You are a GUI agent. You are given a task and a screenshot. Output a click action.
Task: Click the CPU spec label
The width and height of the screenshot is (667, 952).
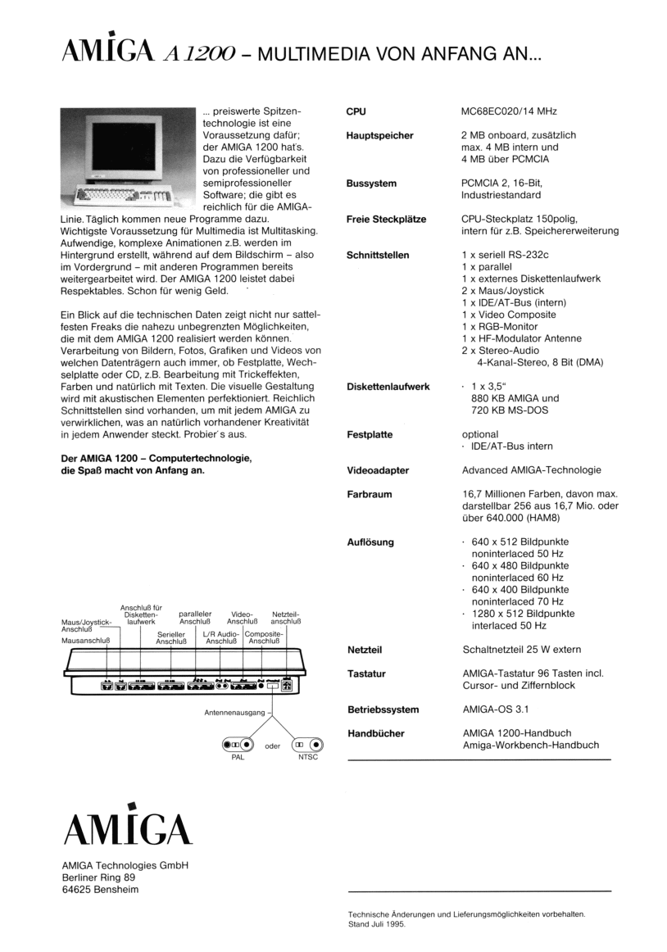click(x=356, y=111)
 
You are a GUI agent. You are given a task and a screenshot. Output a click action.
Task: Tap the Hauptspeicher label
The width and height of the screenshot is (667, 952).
click(x=379, y=135)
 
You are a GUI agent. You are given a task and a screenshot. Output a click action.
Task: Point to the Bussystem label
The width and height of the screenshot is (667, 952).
click(x=371, y=184)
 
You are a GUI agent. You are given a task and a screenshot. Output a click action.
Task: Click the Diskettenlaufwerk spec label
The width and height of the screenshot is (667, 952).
click(x=388, y=387)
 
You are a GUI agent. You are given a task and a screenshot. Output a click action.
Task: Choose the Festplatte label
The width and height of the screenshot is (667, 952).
click(x=369, y=434)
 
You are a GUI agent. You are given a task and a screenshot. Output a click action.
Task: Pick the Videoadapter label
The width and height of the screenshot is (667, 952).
click(x=377, y=470)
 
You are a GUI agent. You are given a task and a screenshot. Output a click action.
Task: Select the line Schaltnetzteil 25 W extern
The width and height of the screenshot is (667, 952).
click(x=522, y=650)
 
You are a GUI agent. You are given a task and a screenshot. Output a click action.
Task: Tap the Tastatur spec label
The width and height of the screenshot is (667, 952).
click(x=366, y=673)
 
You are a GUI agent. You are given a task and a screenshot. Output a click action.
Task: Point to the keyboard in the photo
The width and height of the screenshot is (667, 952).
click(x=123, y=197)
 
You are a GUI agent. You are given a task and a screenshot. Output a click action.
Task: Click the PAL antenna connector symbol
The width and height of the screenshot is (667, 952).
click(x=234, y=746)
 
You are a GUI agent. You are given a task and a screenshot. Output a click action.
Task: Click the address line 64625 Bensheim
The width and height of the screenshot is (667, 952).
click(x=95, y=890)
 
